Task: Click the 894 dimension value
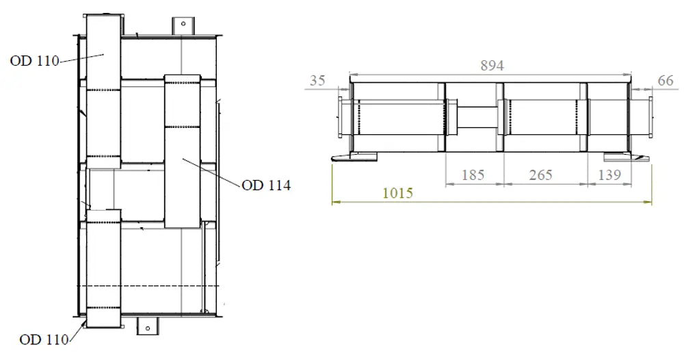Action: tap(492, 66)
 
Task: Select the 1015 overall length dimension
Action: tap(397, 193)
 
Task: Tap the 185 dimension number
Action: tap(473, 175)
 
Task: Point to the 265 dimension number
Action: tap(540, 175)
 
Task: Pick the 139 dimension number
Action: tap(609, 175)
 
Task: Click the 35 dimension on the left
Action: tap(317, 80)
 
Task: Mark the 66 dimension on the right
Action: tap(666, 80)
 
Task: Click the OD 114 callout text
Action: tap(266, 185)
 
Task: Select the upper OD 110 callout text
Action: tap(34, 61)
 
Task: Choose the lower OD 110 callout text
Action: tap(44, 339)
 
